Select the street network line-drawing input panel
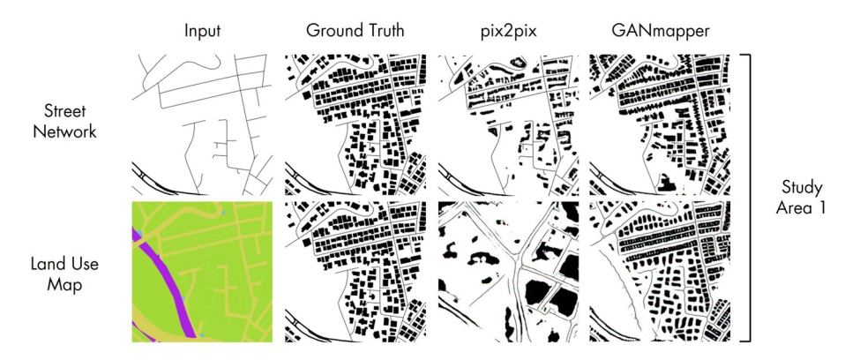(202, 124)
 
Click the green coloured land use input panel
(202, 272)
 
